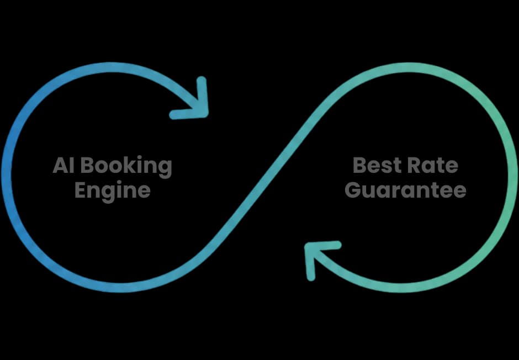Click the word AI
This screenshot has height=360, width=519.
pyautogui.click(x=63, y=165)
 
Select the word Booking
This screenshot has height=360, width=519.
pyautogui.click(x=126, y=167)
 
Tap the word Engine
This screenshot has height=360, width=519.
pyautogui.click(x=113, y=191)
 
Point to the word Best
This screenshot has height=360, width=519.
pyautogui.click(x=377, y=165)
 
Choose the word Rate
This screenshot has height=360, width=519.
pyautogui.click(x=432, y=165)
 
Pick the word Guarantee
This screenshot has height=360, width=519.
pyautogui.click(x=405, y=190)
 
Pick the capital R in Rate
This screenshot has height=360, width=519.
pyautogui.click(x=414, y=165)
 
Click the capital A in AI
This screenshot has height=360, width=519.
pyautogui.click(x=61, y=165)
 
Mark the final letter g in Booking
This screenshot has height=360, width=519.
pyautogui.click(x=165, y=170)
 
